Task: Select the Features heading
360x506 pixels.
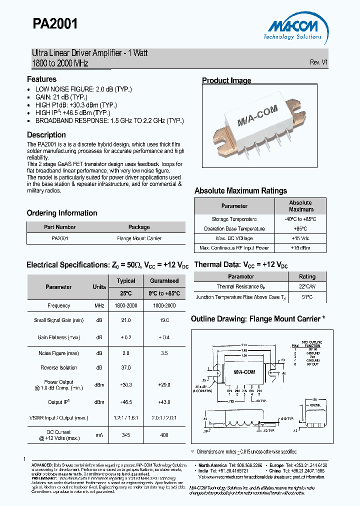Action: tap(41, 79)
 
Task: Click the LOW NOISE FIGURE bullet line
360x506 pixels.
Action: tap(83, 89)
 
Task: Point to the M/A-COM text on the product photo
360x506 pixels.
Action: tap(257, 119)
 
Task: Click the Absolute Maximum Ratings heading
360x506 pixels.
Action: tap(240, 190)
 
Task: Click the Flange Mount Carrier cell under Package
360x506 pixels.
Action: tap(139, 238)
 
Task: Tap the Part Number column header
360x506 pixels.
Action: tap(59, 227)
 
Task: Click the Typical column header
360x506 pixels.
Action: tap(126, 281)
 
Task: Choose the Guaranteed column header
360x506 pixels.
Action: tap(164, 281)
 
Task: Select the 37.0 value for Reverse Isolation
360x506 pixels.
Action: tap(126, 367)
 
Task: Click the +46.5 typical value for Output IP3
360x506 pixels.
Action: tap(126, 402)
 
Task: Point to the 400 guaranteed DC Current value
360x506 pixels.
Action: tap(164, 435)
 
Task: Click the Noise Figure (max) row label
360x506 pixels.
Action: tap(58, 353)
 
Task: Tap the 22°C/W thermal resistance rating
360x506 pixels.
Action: tap(307, 286)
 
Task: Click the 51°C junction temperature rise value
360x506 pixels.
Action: tap(307, 297)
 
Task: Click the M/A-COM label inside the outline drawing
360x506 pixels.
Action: tap(244, 372)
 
